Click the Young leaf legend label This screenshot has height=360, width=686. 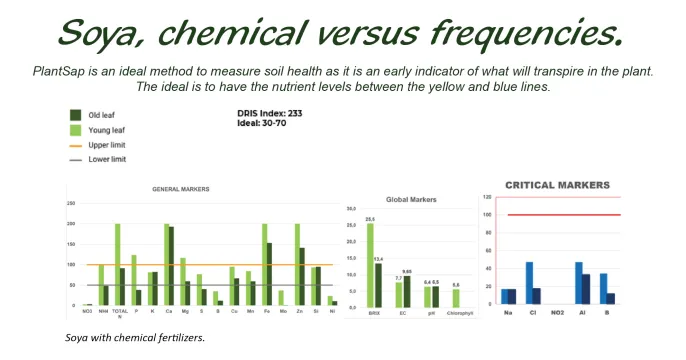[103, 130]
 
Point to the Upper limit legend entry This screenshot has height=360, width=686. [105, 145]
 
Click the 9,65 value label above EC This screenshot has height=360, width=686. [408, 271]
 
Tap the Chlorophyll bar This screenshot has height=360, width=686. [455, 297]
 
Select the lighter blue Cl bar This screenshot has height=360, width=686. [529, 283]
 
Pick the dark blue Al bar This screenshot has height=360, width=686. [588, 289]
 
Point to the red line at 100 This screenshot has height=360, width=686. [564, 215]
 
